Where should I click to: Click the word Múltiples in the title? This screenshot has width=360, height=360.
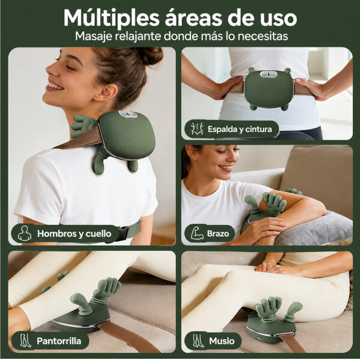112,18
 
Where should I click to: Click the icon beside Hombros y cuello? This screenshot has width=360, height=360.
24,233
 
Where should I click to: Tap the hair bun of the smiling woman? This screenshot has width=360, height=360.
146,56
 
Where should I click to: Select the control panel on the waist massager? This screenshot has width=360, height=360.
269,74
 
